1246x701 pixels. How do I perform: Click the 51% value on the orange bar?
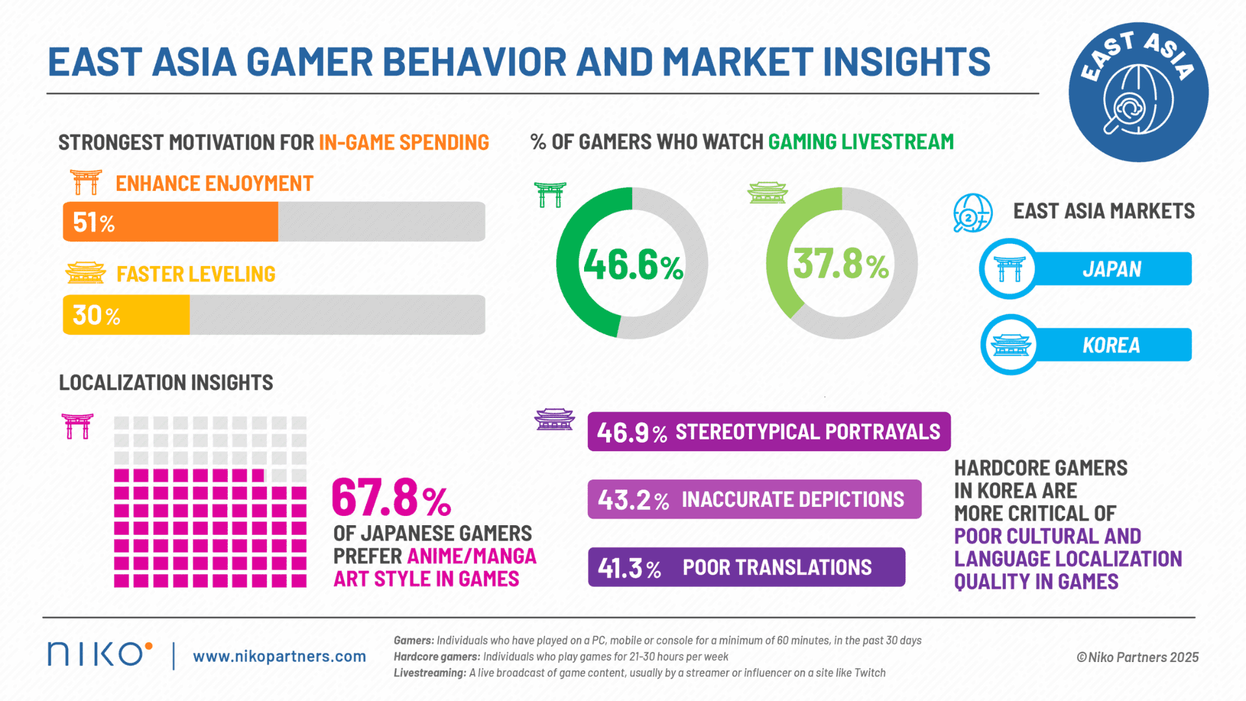93,223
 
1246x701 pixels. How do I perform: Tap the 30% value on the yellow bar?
96,315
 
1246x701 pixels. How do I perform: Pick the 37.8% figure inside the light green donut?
841,264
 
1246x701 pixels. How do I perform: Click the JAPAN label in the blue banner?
1112,269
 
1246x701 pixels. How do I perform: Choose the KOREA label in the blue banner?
1111,345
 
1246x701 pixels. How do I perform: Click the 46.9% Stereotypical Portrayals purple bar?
768,432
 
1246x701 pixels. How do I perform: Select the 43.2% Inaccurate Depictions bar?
754,499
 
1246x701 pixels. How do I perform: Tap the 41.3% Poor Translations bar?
746,567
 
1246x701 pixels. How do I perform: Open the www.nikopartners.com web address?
279,656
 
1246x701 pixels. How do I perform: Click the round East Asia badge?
1138,92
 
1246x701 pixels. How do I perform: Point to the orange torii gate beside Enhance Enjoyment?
86,182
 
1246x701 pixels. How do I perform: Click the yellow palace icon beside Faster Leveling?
86,273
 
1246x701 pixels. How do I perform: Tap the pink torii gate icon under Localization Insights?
77,426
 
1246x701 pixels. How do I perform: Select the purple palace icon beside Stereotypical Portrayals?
554,419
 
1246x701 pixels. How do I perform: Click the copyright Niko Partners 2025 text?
1137,657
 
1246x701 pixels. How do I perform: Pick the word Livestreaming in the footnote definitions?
429,673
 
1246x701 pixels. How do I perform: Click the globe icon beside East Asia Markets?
972,213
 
